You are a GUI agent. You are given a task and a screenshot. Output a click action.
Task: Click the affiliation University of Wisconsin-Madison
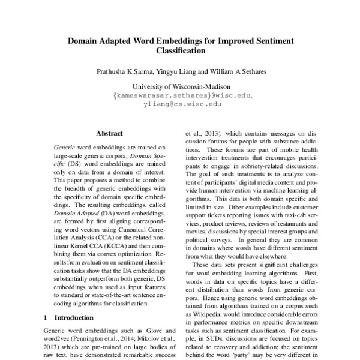point(179,86)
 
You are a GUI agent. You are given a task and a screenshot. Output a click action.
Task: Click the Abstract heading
point(109,133)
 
